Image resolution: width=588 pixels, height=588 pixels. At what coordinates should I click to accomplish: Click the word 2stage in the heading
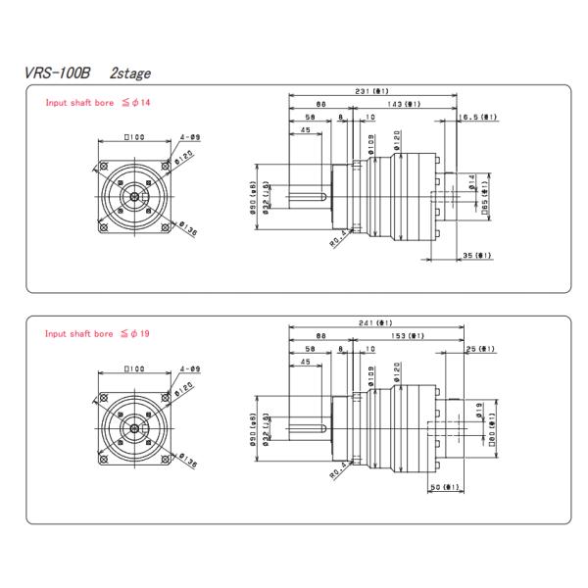[129, 73]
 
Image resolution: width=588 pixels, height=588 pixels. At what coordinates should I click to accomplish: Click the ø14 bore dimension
[471, 183]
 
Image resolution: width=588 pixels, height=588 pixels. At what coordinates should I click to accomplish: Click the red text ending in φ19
[97, 333]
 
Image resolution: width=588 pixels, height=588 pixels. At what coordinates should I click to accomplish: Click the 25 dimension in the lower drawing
[480, 349]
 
